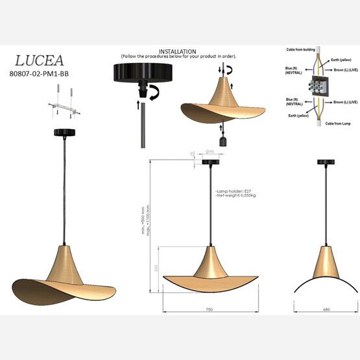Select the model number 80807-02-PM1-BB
tap(40, 75)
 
